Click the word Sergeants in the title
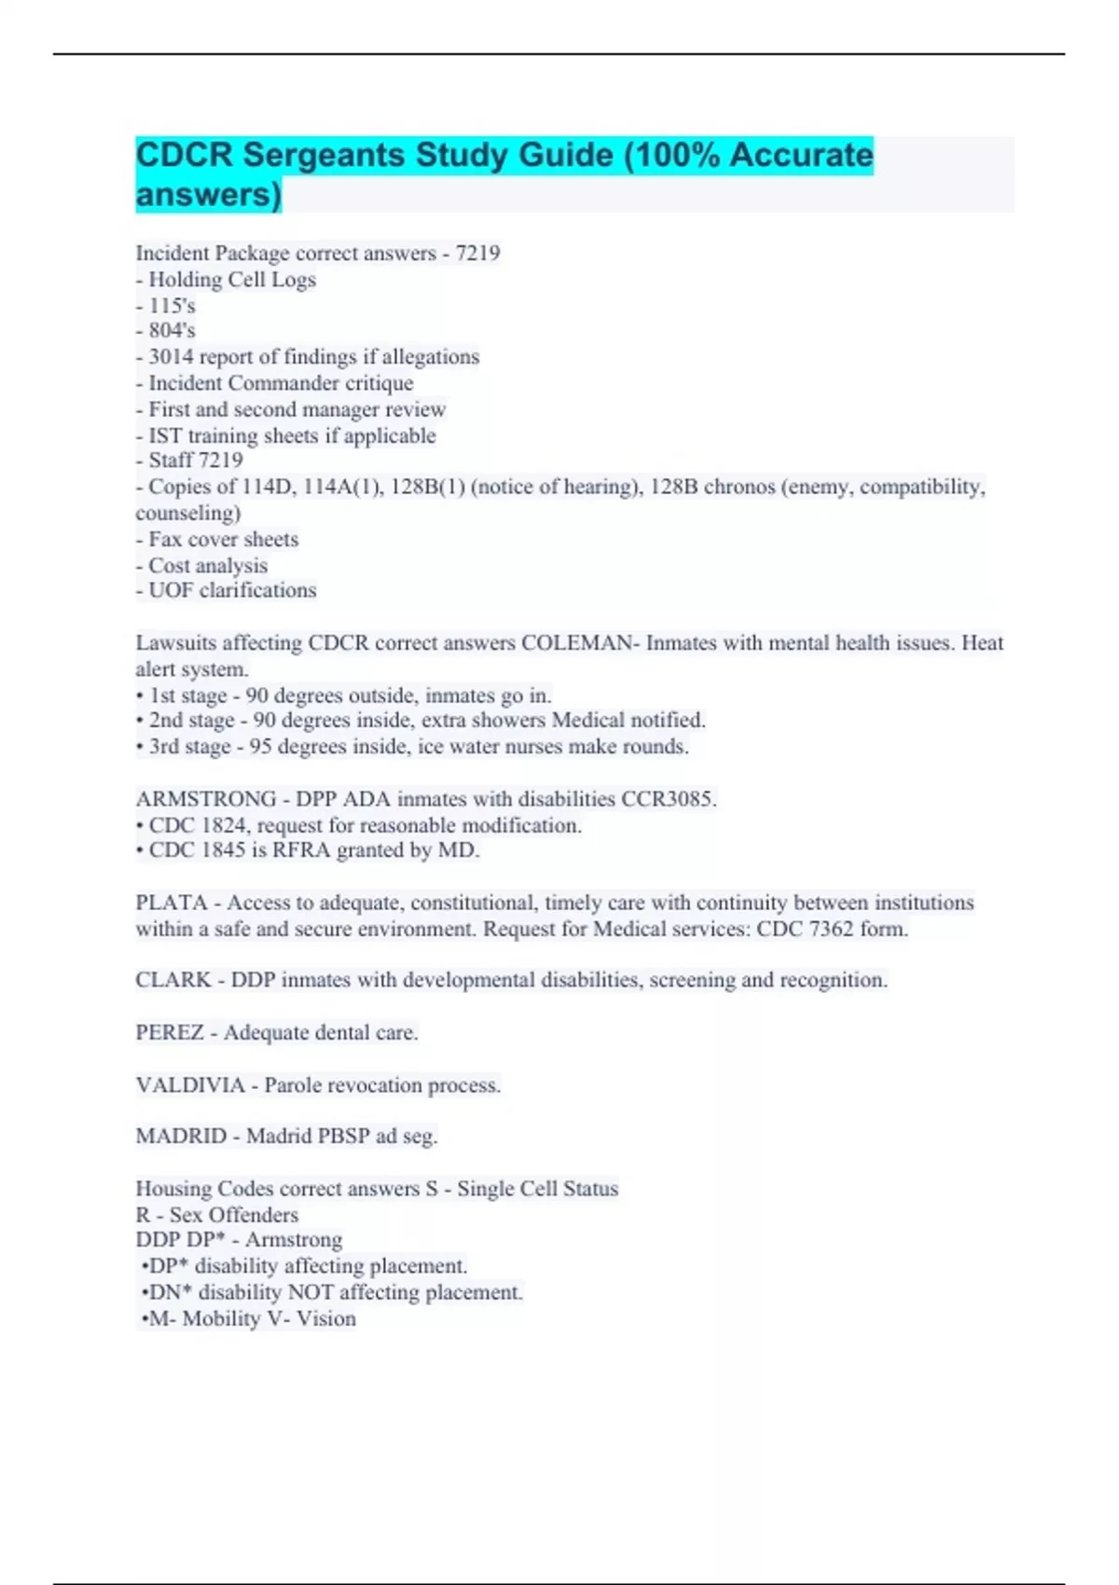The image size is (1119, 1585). [324, 155]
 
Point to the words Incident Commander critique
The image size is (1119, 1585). [281, 383]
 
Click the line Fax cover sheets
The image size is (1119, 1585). [223, 540]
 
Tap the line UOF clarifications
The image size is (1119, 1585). [232, 590]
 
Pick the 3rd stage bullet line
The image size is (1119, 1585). [412, 747]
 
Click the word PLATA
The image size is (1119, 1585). [171, 903]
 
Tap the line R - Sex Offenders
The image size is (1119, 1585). [217, 1215]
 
